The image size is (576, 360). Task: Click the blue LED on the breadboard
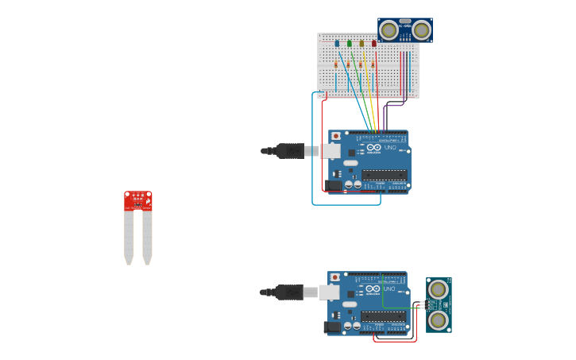point(337,44)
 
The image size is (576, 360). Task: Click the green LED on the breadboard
point(350,44)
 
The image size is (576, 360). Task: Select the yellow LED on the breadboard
point(361,44)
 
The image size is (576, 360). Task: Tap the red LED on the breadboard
point(374,44)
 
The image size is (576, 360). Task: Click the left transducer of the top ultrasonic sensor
point(389,31)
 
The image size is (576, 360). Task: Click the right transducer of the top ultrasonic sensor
point(421,31)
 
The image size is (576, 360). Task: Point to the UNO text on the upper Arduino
point(390,148)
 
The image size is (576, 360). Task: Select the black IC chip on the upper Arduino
point(385,175)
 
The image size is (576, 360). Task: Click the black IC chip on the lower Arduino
point(383,316)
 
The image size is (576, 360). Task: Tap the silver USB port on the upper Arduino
point(330,151)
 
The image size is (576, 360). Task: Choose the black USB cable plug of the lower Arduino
point(289,292)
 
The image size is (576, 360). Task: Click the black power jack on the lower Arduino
point(331,327)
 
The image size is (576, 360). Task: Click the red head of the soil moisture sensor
point(137,200)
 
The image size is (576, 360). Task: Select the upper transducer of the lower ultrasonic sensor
point(438,289)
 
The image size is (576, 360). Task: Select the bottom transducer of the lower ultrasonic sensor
point(438,320)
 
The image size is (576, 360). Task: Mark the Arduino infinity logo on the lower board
point(373,289)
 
